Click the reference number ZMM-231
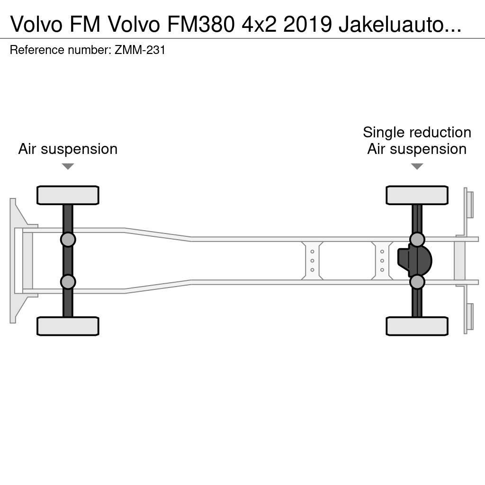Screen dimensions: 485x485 pyautogui.click(x=140, y=50)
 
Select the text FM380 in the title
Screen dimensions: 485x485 pyautogui.click(x=201, y=24)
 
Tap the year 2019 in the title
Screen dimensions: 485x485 pyautogui.click(x=308, y=24)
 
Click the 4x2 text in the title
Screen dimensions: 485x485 pyautogui.click(x=259, y=24)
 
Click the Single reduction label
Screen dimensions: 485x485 pyautogui.click(x=417, y=133)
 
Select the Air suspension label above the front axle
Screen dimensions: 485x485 pyautogui.click(x=68, y=149)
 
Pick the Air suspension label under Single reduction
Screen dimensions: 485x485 pyautogui.click(x=417, y=149)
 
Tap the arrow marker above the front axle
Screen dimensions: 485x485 pyautogui.click(x=68, y=166)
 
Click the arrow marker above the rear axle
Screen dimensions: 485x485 pyautogui.click(x=417, y=166)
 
